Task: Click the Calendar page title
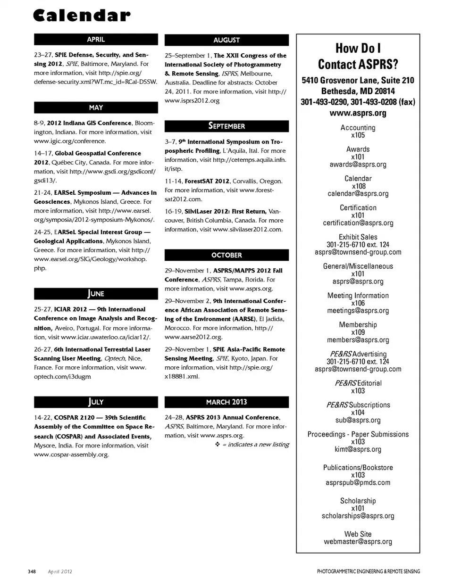click(x=82, y=16)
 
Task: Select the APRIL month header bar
click(x=96, y=40)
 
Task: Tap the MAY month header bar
click(x=96, y=107)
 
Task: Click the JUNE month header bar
click(x=96, y=294)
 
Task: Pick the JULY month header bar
click(x=96, y=402)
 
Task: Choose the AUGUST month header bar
click(x=226, y=40)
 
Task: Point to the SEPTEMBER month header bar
click(x=226, y=126)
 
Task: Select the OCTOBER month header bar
click(x=226, y=255)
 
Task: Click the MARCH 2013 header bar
click(x=226, y=402)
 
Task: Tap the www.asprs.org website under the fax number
click(x=358, y=113)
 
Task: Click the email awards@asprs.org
click(x=358, y=165)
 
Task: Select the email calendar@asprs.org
click(x=358, y=194)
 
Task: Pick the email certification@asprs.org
click(x=358, y=223)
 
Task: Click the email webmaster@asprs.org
click(x=358, y=542)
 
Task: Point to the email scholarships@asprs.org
click(x=358, y=516)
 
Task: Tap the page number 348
click(x=32, y=571)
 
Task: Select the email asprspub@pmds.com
click(x=358, y=483)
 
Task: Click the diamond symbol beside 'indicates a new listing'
click(x=218, y=445)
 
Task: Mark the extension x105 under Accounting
click(x=358, y=135)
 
